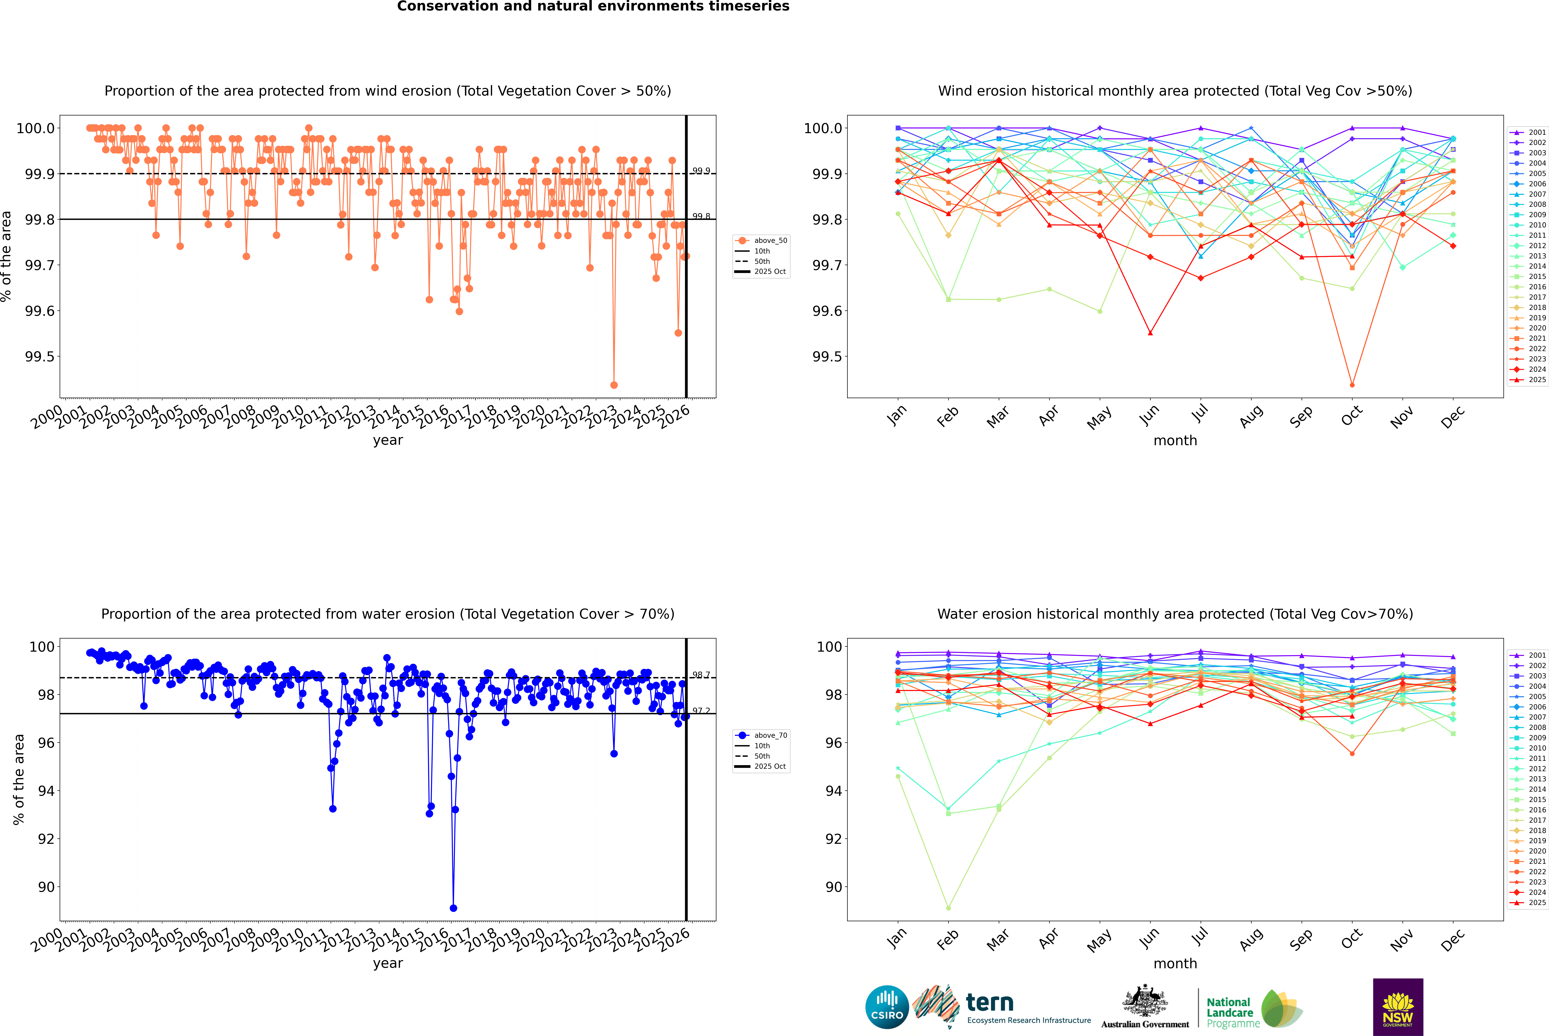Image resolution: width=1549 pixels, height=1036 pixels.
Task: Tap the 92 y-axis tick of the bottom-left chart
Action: tap(46, 839)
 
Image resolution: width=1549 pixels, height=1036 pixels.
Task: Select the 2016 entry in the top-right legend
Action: tap(1536, 287)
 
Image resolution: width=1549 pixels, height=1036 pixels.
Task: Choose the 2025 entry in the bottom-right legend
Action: tap(1536, 903)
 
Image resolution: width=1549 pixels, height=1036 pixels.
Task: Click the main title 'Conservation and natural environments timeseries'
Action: tap(593, 7)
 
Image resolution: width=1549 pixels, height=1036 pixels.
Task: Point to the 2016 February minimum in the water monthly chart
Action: tap(948, 908)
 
